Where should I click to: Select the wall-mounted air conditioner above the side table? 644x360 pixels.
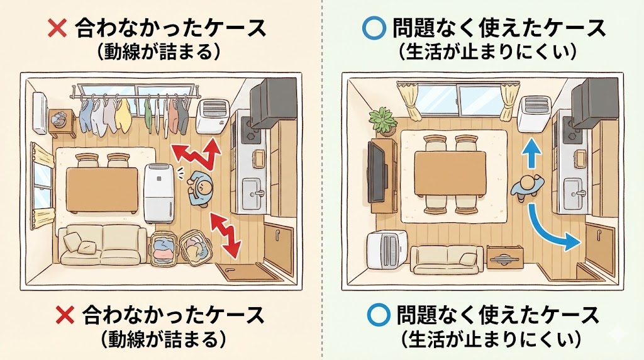click(x=40, y=112)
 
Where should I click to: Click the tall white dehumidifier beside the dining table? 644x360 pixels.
click(x=158, y=192)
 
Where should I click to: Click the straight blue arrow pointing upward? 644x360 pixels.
click(x=531, y=152)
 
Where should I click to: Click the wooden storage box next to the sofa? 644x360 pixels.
click(x=503, y=257)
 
